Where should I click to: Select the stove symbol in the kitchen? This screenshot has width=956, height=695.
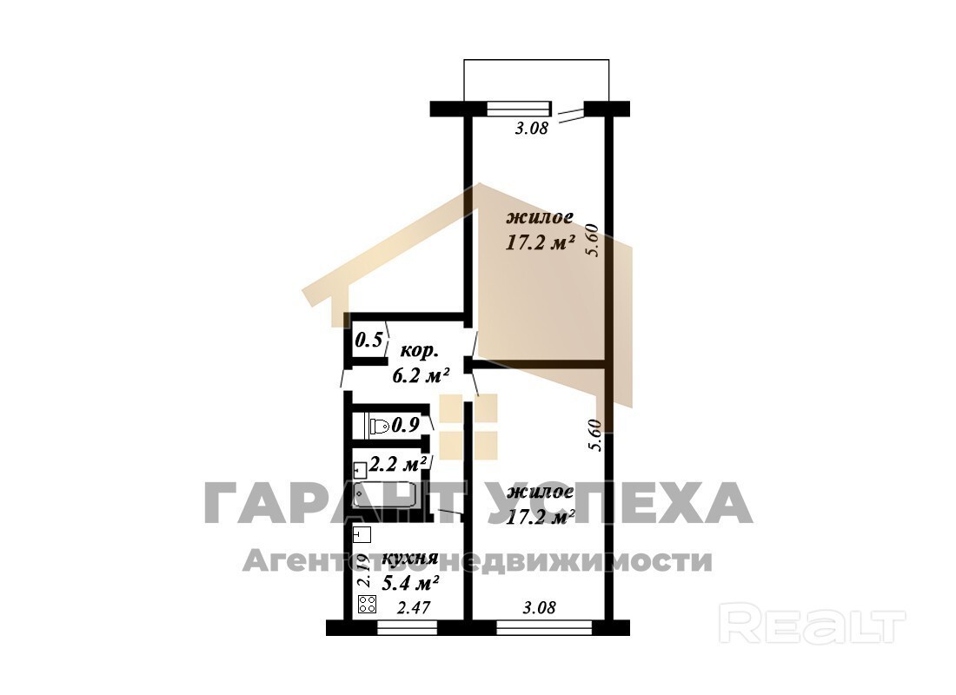coord(367,605)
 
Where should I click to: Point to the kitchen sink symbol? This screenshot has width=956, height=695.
coord(362,534)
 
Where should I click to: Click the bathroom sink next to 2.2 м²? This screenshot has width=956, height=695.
coord(360,469)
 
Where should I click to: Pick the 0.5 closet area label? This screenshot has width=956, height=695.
coord(368,340)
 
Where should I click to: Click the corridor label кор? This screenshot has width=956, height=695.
coord(418,352)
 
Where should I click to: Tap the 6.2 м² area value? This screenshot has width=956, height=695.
coord(421,375)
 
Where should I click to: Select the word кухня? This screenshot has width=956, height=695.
coord(409,559)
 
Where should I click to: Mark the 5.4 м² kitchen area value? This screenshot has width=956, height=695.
coord(410,584)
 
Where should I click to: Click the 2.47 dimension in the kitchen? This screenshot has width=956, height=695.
coord(414,608)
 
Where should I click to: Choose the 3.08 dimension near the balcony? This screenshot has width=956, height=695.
coord(532,129)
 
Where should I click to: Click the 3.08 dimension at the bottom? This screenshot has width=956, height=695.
coord(540,608)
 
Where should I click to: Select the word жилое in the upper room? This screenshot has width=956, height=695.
coord(540,218)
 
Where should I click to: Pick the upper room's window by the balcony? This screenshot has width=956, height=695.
coord(519,109)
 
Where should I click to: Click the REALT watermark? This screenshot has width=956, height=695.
coord(812,623)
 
